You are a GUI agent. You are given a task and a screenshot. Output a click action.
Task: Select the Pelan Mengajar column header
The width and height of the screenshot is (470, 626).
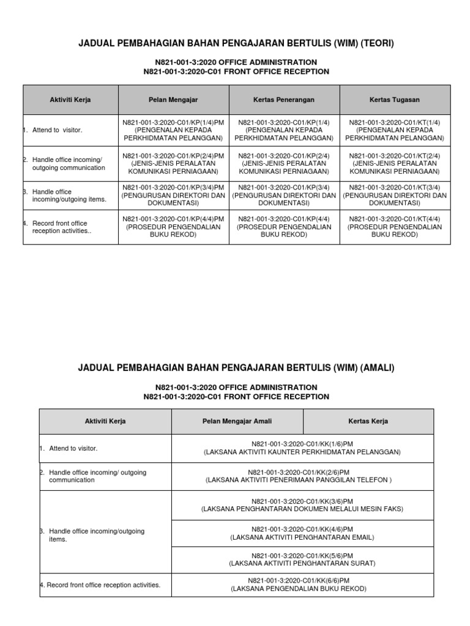coord(173,99)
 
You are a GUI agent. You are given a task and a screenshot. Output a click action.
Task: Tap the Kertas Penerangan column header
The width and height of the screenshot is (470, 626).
coord(284,99)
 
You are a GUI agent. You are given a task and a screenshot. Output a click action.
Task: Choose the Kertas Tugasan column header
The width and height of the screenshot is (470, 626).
coord(395,99)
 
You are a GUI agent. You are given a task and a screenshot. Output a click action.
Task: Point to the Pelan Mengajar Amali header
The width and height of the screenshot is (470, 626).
coord(237,421)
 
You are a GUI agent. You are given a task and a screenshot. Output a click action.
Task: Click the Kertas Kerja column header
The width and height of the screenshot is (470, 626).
coord(368,421)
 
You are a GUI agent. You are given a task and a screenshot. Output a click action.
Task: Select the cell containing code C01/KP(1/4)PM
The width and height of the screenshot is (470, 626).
coord(173,130)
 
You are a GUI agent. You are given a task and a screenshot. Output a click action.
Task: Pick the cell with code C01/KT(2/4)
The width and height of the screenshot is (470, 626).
coord(395,164)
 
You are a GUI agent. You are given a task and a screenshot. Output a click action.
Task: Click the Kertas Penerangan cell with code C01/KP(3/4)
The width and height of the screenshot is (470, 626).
coord(284,196)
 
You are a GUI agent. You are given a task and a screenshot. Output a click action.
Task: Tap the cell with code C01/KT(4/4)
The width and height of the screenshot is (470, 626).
coord(395,227)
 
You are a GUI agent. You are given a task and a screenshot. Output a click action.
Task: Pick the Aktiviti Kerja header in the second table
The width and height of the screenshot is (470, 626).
coord(105,421)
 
